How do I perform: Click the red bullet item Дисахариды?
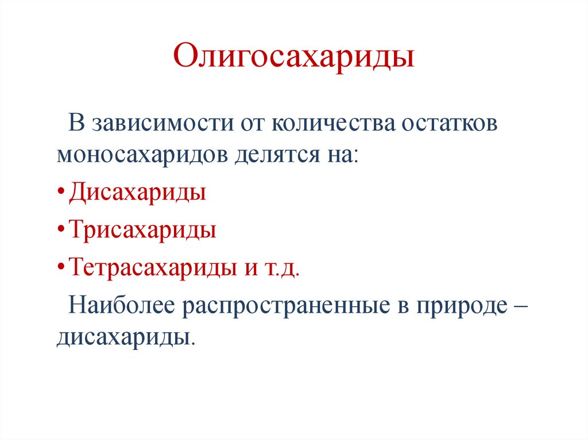(x=137, y=192)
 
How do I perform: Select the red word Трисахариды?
(x=142, y=230)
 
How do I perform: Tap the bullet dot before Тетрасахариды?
(x=61, y=268)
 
